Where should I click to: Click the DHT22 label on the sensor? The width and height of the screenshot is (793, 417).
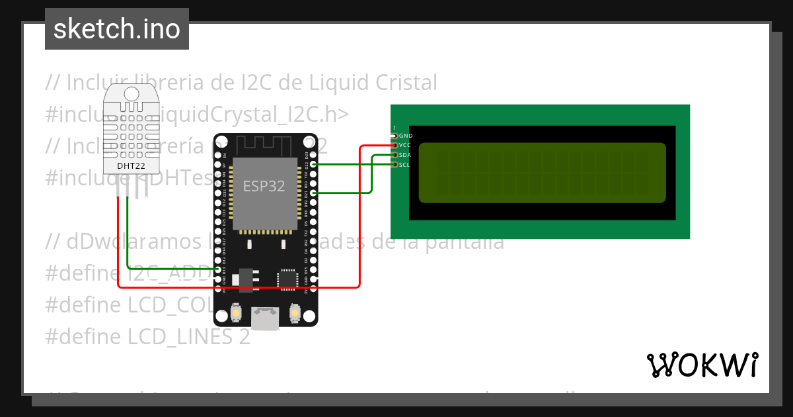click(132, 165)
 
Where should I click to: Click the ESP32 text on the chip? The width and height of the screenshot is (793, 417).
click(264, 186)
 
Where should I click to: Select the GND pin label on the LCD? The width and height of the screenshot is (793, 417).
click(406, 136)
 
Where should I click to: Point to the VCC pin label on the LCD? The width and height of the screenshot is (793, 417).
click(406, 145)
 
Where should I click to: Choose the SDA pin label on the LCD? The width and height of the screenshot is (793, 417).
click(405, 155)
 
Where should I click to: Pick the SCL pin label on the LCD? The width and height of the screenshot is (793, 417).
click(405, 164)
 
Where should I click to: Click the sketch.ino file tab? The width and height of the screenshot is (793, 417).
click(117, 29)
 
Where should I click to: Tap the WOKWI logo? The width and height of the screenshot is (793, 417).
click(702, 365)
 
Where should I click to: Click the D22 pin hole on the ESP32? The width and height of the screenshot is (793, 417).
click(313, 163)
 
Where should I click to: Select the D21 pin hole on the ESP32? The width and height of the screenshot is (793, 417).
click(313, 193)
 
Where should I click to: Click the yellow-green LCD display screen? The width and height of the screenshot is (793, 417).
click(542, 173)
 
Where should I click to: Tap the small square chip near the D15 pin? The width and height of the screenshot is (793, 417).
click(288, 278)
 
